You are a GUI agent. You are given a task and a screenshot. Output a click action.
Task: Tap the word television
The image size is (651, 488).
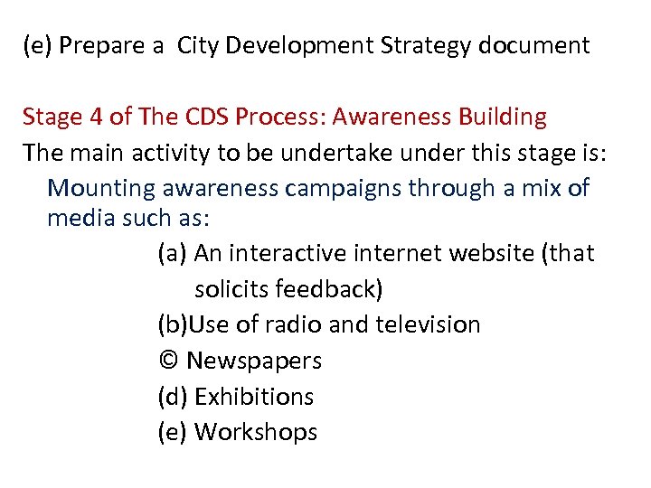point(429,324)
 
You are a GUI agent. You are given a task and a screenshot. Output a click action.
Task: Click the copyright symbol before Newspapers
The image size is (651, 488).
point(168,361)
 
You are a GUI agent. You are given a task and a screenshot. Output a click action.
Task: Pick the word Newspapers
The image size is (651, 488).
point(254,361)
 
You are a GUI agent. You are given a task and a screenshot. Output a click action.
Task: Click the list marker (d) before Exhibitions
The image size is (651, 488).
point(172,397)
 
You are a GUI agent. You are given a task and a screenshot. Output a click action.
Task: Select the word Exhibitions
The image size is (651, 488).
point(254,397)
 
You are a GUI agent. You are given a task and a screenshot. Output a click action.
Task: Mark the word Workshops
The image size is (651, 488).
point(256,433)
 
